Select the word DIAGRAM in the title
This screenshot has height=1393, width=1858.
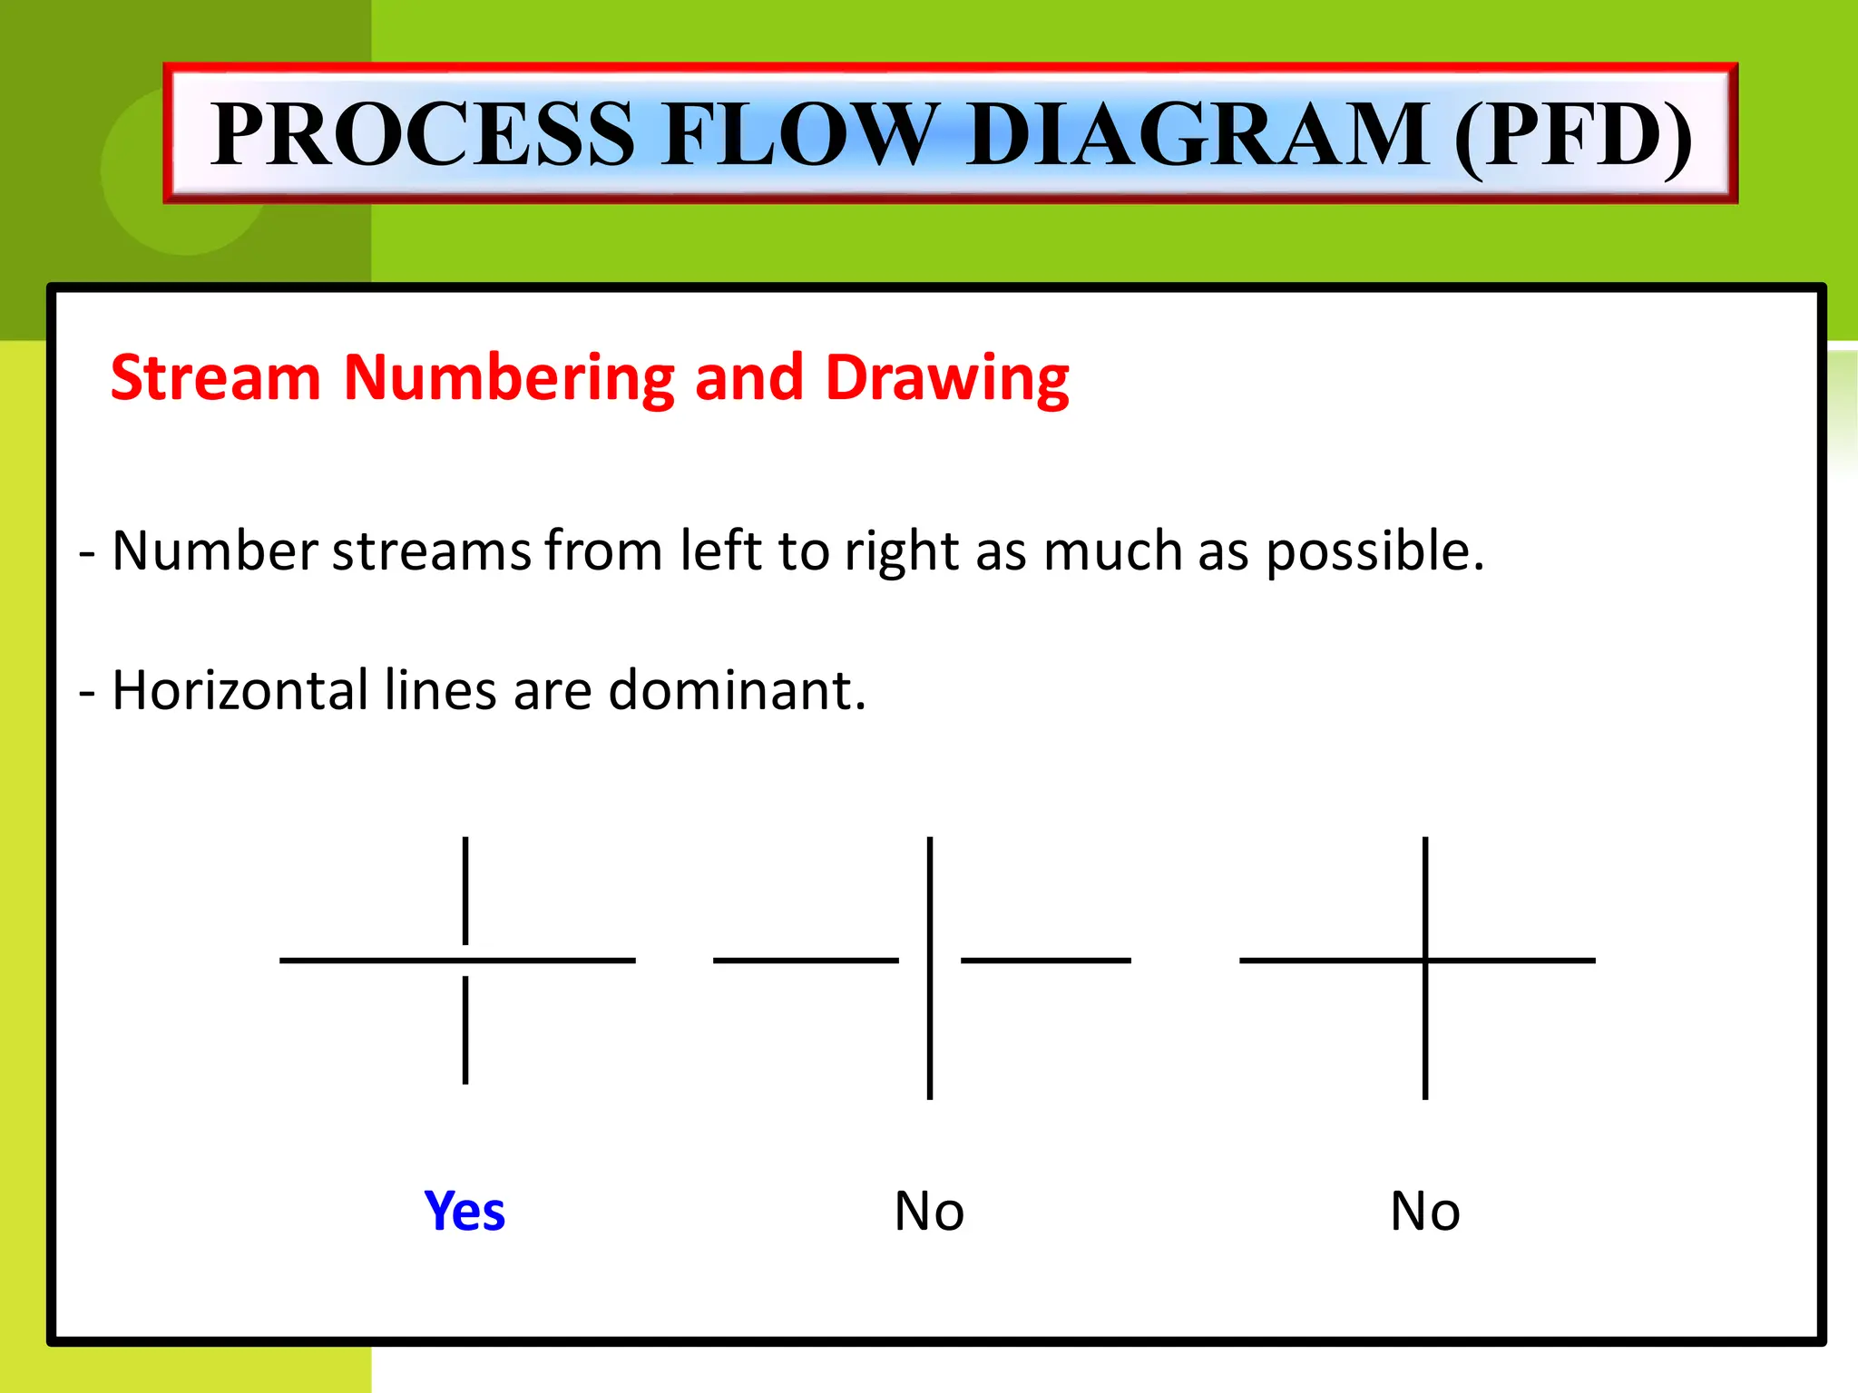point(1198,134)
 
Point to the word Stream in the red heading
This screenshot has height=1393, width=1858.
point(216,377)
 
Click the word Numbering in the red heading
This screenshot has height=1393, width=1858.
point(509,379)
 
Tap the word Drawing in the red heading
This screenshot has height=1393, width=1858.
point(947,379)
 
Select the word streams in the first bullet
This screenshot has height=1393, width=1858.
point(431,550)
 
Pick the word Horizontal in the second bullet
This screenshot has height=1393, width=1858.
point(238,690)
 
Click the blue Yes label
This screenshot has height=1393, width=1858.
point(464,1211)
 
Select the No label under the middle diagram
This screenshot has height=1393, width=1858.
point(929,1211)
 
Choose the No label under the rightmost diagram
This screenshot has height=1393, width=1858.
point(1425,1211)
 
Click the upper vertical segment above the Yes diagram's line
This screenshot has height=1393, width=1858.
point(465,890)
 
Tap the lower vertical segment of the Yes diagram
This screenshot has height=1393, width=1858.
point(465,1029)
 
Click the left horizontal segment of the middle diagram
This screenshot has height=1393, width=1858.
point(806,960)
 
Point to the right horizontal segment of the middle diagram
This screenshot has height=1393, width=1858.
point(1045,960)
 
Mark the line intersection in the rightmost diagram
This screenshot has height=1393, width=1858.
point(1425,960)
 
